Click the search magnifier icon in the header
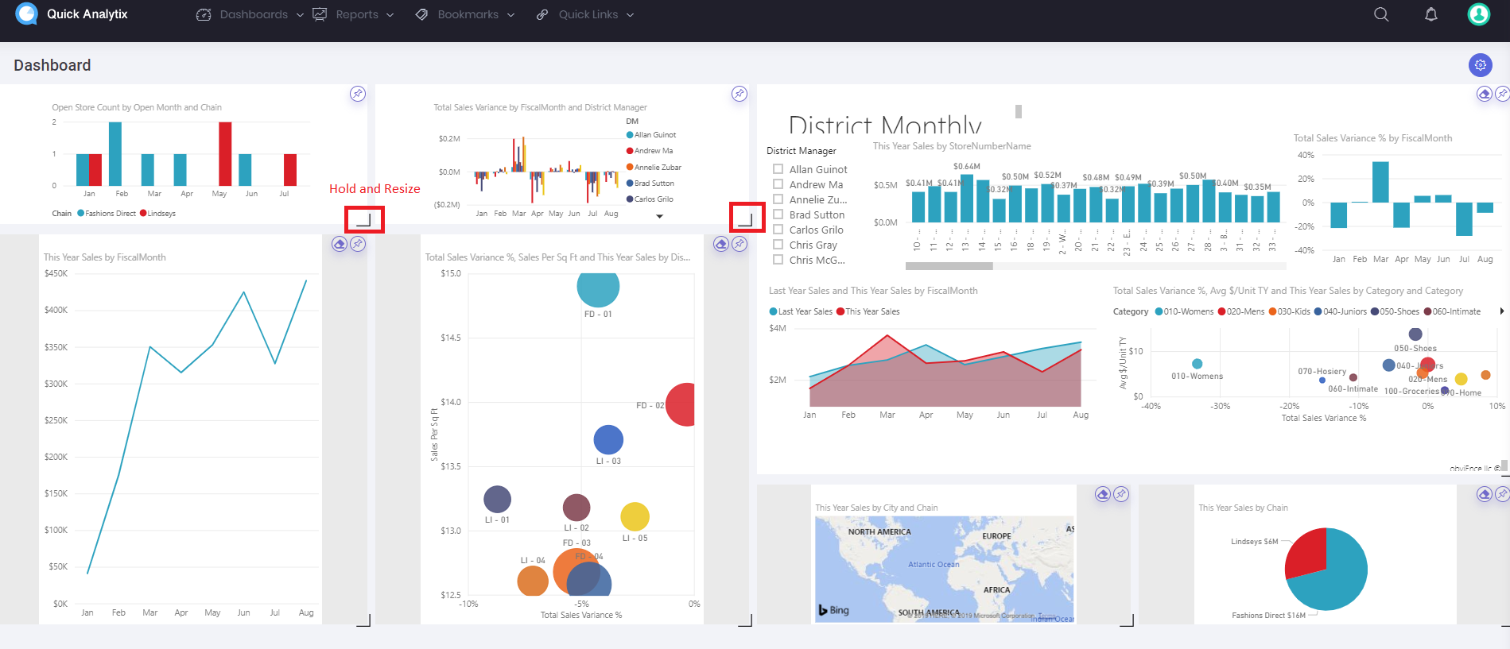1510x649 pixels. point(1381,14)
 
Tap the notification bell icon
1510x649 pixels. point(1430,14)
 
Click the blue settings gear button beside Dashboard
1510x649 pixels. point(1480,65)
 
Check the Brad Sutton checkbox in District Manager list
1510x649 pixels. point(778,214)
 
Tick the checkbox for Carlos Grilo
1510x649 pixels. point(778,230)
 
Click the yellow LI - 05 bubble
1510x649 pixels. point(635,517)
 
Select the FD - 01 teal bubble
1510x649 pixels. point(598,288)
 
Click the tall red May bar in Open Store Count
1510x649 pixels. point(225,154)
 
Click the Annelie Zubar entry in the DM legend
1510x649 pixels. point(657,168)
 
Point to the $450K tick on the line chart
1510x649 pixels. point(56,273)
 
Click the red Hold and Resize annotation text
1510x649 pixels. point(375,189)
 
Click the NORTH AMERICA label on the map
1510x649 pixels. point(879,532)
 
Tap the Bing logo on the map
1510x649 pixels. point(834,610)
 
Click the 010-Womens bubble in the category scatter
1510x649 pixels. point(1197,364)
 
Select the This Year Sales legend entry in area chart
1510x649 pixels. point(868,311)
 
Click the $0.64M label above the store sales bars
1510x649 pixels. point(966,167)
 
